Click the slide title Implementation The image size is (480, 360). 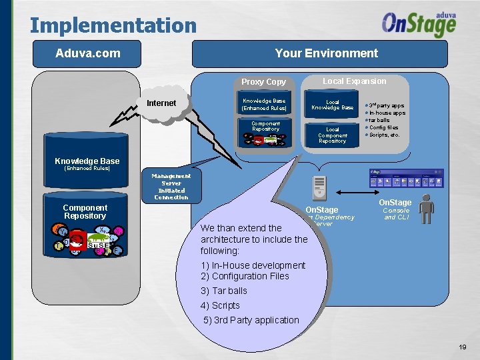tap(113, 26)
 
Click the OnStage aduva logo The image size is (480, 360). tap(419, 25)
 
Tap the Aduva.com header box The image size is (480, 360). tap(88, 53)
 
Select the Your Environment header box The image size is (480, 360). tap(326, 53)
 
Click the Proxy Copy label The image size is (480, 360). tap(263, 82)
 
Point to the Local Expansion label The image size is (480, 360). tap(354, 81)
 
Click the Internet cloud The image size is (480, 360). tap(162, 104)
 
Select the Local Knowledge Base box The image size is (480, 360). tap(332, 105)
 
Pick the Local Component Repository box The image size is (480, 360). tap(332, 135)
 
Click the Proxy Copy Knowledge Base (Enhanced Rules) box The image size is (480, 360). tap(264, 105)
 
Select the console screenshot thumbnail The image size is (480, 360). tap(406, 178)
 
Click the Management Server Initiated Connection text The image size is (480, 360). tap(171, 187)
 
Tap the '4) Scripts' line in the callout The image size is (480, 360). tap(220, 305)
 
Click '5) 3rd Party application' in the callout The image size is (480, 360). tap(251, 320)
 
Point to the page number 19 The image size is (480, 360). tap(463, 347)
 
